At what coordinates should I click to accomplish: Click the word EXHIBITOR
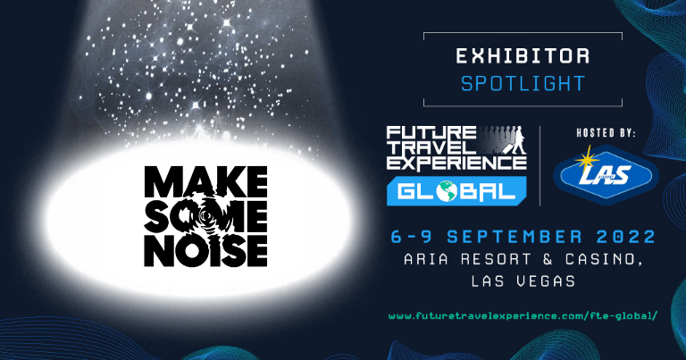click(x=523, y=56)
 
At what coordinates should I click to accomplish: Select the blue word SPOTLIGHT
click(x=523, y=84)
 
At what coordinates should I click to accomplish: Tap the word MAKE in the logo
click(x=205, y=181)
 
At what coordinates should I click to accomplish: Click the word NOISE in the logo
click(x=205, y=251)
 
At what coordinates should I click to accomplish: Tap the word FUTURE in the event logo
click(x=431, y=133)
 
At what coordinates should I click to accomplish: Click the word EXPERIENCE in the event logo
click(x=456, y=163)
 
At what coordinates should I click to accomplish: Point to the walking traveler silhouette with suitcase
click(x=514, y=140)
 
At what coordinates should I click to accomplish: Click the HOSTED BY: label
click(x=606, y=133)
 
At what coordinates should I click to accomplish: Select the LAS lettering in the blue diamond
click(x=605, y=175)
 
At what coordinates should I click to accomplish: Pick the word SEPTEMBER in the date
click(x=514, y=237)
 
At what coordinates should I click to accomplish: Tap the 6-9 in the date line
click(x=411, y=237)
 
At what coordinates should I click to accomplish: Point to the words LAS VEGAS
click(x=523, y=280)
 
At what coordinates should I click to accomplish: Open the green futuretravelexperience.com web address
click(x=523, y=316)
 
